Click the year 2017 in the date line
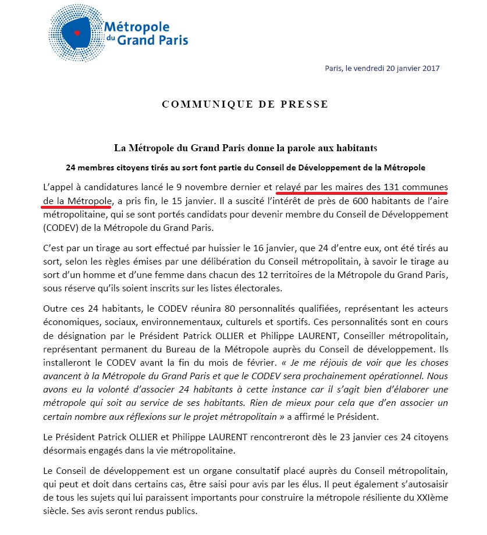[x=429, y=68]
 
